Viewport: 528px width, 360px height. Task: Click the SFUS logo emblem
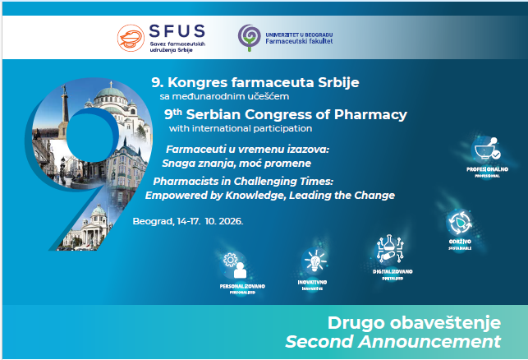130,38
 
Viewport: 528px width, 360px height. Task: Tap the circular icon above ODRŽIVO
459,222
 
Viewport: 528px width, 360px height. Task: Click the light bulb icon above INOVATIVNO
314,262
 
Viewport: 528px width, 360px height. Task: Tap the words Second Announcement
393,340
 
